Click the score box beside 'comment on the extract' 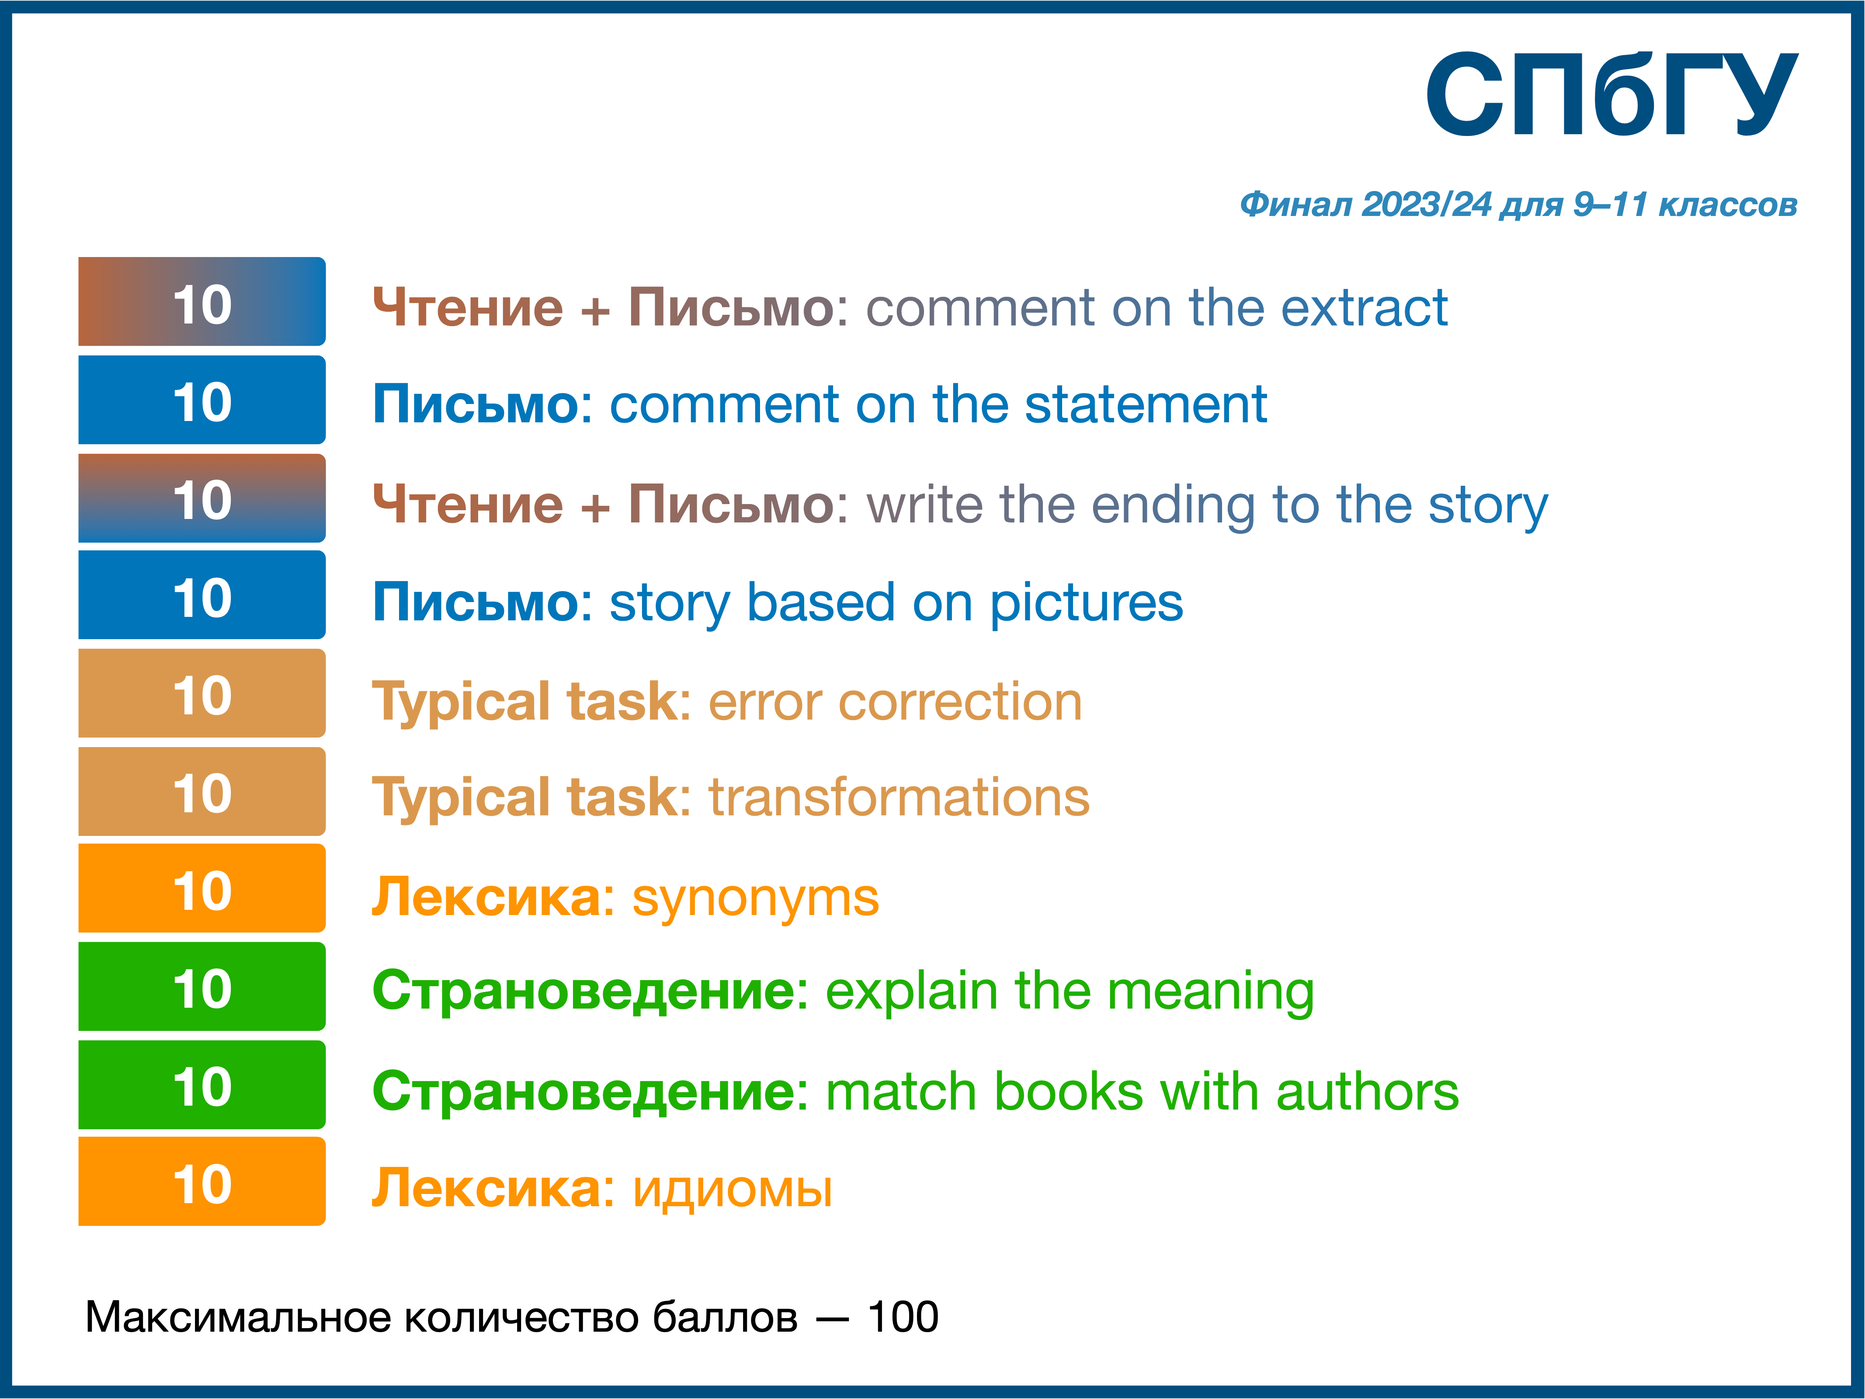(202, 301)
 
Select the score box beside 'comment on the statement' (202, 400)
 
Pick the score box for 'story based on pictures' (202, 595)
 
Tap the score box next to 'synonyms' (202, 888)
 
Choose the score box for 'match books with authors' (202, 1085)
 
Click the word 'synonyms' (755, 899)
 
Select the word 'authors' (1368, 1092)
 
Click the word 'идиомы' (732, 1190)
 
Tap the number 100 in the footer (903, 1317)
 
